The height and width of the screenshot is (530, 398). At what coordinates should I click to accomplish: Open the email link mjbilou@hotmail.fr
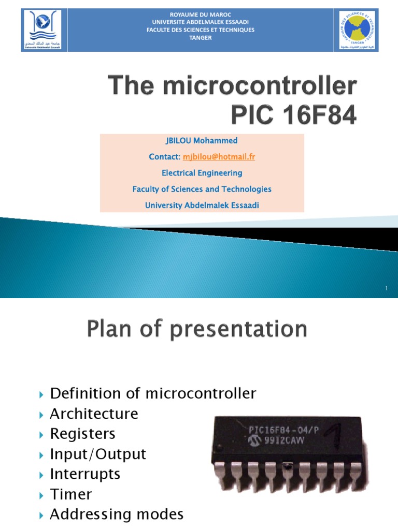tap(219, 157)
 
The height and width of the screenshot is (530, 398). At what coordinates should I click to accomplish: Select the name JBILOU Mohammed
tap(202, 140)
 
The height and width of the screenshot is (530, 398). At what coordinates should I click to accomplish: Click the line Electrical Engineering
tap(202, 173)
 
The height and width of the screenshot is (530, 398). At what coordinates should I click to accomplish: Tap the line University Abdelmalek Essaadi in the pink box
tap(202, 205)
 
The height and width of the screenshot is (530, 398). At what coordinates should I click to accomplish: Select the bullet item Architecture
tap(94, 414)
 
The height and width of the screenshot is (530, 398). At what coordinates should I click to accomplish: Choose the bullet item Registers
tap(82, 434)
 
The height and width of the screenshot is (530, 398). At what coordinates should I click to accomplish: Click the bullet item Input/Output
tap(98, 454)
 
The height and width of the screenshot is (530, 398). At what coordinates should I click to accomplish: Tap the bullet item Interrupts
tap(85, 474)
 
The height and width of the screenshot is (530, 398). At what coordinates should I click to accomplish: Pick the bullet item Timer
tap(71, 494)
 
